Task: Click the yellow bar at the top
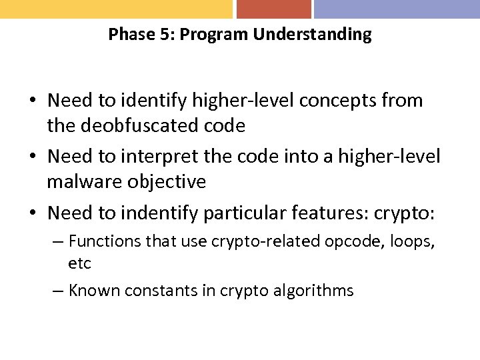pos(116,9)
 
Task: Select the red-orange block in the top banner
pos(273,9)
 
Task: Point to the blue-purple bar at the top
pos(397,9)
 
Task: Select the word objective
pos(173,181)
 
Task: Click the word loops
pos(411,241)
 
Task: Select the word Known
pos(91,291)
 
